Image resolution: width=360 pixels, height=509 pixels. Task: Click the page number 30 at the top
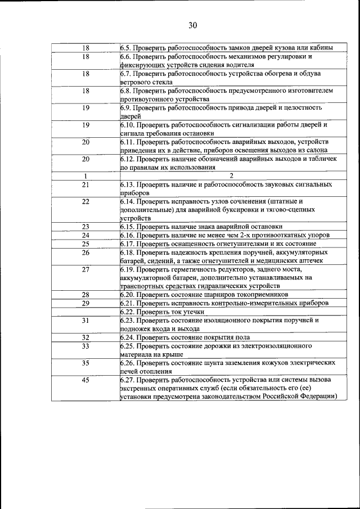[192, 25]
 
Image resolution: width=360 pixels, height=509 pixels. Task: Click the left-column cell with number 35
[85, 363]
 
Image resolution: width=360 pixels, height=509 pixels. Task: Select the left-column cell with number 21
[85, 184]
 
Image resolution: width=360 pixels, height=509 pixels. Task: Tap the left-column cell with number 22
[85, 201]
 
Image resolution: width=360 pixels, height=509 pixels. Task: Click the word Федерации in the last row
[316, 397]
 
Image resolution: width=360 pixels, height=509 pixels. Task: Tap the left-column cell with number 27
[85, 269]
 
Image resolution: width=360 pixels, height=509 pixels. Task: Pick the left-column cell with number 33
[85, 346]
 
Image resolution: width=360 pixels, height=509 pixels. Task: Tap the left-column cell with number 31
[85, 320]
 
